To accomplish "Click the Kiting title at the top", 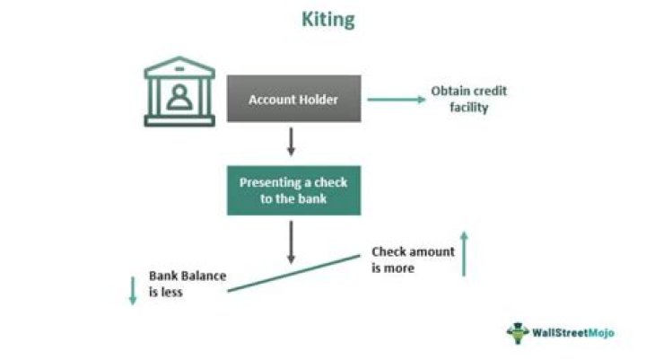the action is [x=328, y=20].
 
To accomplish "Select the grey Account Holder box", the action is [x=293, y=99].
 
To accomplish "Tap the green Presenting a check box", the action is [x=293, y=190].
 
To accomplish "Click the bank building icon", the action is [x=179, y=92].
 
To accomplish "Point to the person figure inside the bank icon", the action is [x=179, y=97].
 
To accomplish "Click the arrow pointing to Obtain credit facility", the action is [x=397, y=100].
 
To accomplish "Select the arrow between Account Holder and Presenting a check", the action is [x=292, y=142].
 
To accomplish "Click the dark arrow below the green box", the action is [x=292, y=242].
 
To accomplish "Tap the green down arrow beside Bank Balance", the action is [x=133, y=291].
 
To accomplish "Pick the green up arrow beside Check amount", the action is [x=465, y=253].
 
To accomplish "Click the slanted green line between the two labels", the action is [x=293, y=274].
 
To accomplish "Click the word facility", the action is [x=469, y=108].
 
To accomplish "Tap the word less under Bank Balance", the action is [x=171, y=292].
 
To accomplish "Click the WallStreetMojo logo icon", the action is [x=518, y=333].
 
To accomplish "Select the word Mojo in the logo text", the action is [x=601, y=333].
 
